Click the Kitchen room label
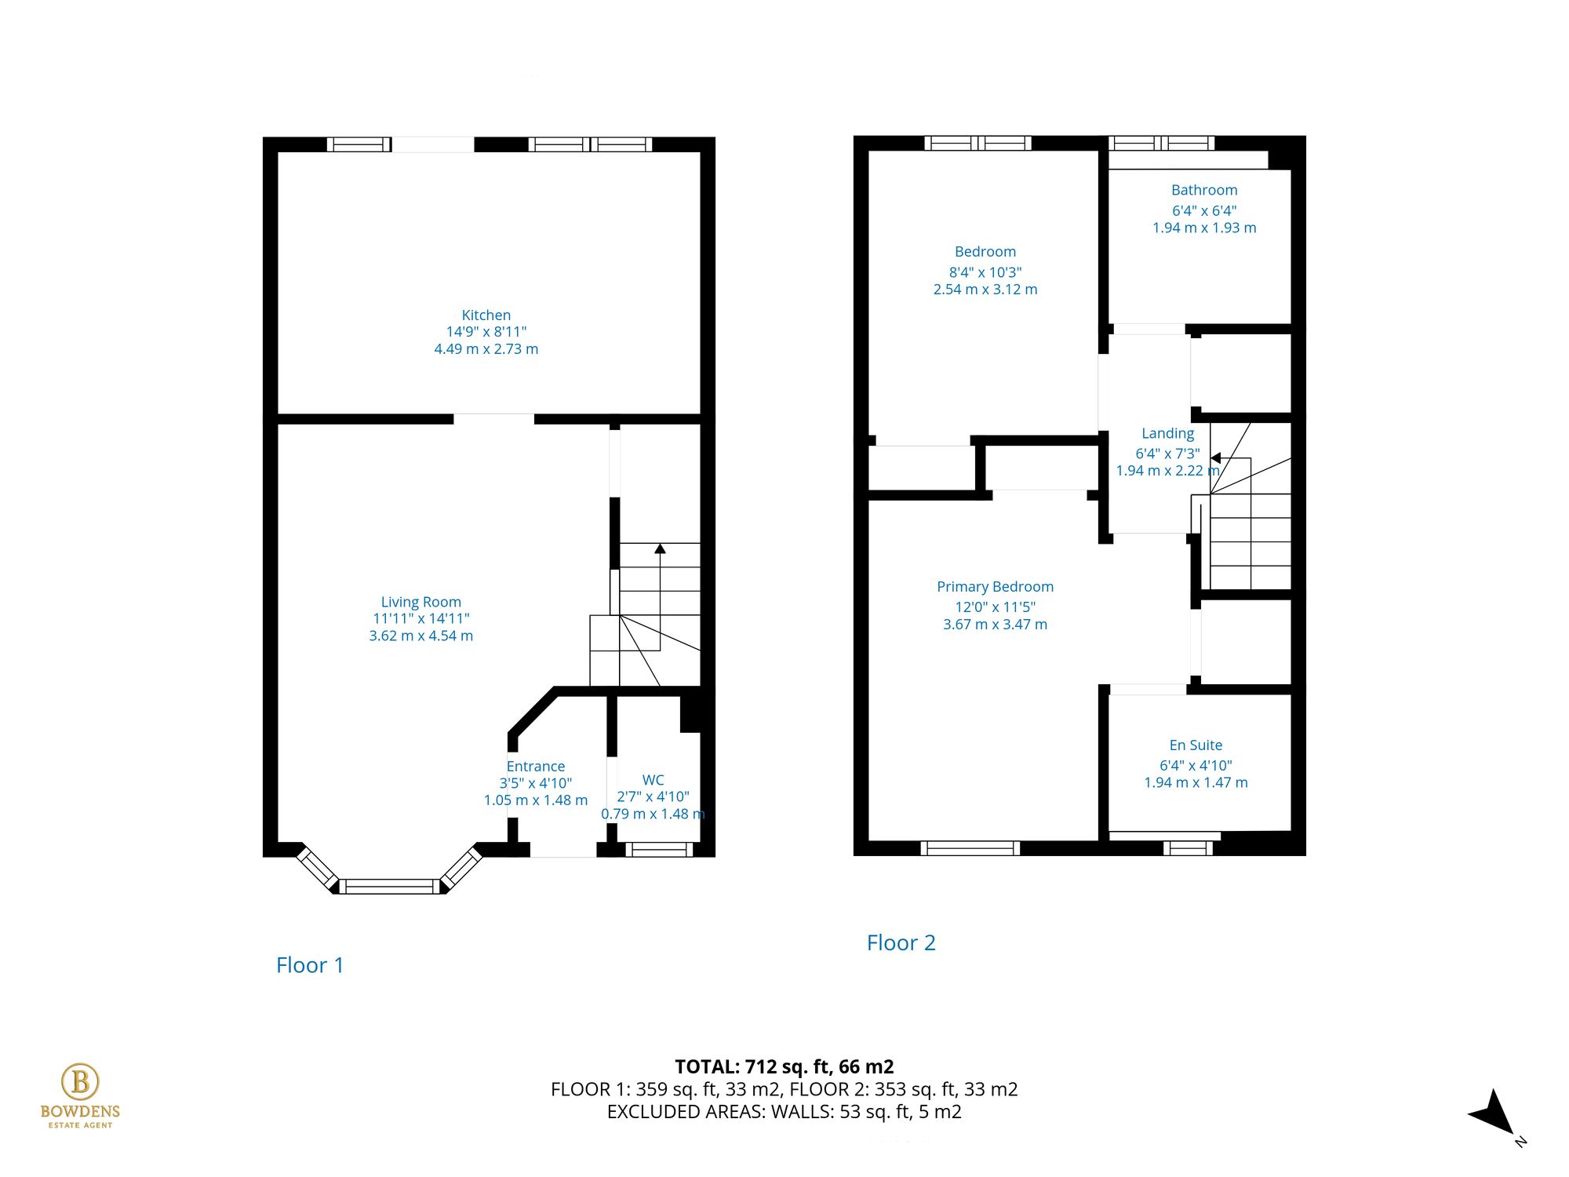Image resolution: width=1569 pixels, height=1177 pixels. (486, 315)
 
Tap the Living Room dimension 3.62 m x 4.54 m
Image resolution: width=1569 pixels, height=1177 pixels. (421, 636)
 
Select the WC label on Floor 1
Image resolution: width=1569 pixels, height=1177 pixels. (653, 780)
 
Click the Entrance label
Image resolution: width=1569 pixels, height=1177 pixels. (535, 766)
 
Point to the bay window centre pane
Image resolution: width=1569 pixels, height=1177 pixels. (390, 887)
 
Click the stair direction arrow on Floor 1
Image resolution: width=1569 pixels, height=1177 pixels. (660, 549)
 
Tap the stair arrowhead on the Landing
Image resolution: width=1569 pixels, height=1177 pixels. (1215, 457)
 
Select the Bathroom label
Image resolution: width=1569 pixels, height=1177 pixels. (1203, 190)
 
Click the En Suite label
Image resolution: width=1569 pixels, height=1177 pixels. (1195, 745)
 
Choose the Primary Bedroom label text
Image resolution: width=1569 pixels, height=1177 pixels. (995, 586)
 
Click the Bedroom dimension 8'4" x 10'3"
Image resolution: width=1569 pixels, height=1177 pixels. (985, 272)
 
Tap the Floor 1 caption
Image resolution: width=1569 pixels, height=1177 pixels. (310, 965)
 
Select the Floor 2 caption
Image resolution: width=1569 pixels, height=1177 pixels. (901, 942)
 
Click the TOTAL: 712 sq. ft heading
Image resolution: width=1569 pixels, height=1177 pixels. (784, 1066)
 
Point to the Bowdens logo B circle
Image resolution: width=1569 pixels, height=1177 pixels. (80, 1081)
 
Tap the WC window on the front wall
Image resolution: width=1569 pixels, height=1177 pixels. (659, 848)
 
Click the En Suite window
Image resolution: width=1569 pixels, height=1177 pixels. (1187, 847)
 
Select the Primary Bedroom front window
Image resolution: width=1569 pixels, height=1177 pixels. (970, 847)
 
